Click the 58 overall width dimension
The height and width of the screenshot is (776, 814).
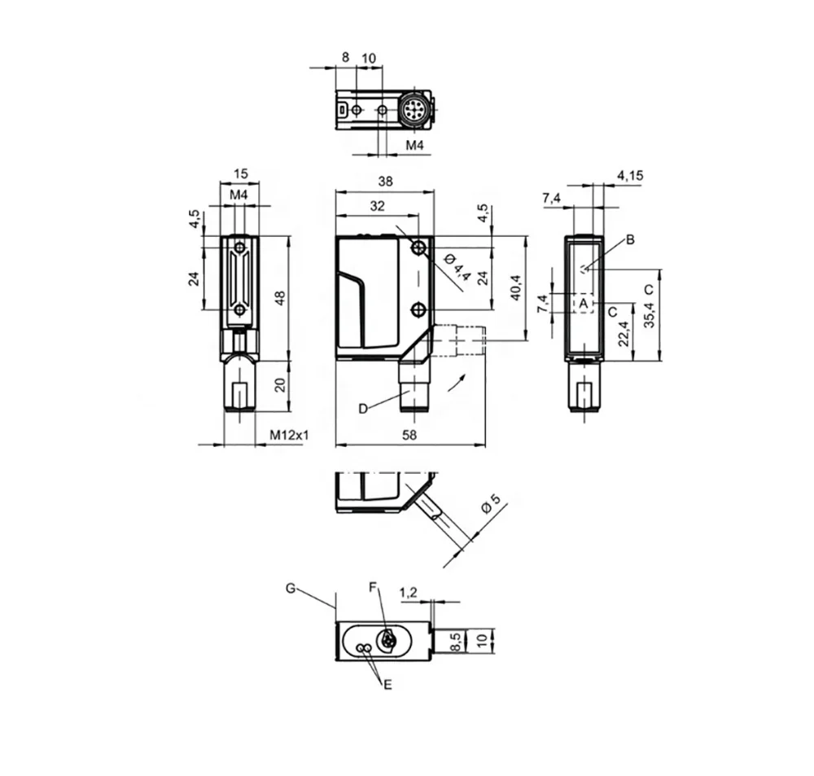point(409,435)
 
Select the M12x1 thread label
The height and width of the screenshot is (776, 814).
point(289,435)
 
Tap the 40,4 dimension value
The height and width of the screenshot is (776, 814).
point(515,287)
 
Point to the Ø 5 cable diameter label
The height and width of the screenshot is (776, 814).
point(491,503)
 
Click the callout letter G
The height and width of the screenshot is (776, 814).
point(291,588)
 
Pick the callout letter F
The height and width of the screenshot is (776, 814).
point(373,587)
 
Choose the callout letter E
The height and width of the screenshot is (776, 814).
point(387,685)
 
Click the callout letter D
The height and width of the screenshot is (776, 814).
point(363,409)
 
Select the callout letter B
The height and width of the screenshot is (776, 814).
point(630,239)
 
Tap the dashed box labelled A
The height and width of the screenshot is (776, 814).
point(583,303)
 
